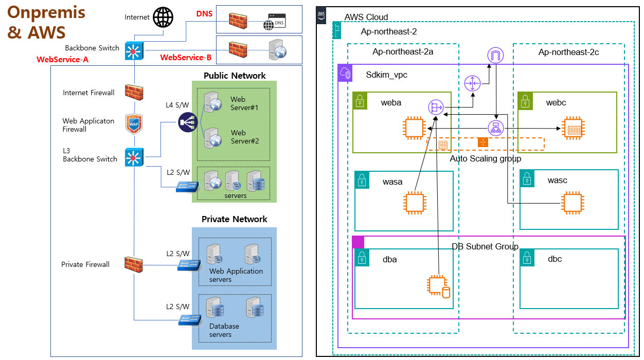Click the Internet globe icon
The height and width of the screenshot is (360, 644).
[x=164, y=17]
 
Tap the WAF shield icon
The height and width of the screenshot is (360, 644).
[x=134, y=124]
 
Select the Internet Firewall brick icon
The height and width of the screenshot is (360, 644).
[x=134, y=93]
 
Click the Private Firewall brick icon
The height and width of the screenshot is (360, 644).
[x=134, y=264]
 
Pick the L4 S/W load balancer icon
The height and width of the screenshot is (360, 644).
[x=188, y=122]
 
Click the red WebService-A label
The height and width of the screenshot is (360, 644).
[x=63, y=60]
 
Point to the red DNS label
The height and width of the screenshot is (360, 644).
[x=205, y=13]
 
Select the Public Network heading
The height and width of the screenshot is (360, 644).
[x=235, y=76]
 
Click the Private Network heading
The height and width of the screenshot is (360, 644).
[x=235, y=219]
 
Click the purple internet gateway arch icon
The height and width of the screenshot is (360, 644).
[x=494, y=55]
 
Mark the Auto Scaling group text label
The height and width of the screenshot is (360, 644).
[x=485, y=158]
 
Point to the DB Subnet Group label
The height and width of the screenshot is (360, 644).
[x=485, y=247]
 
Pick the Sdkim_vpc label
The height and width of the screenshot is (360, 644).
[x=386, y=75]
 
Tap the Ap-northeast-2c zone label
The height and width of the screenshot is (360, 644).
[x=568, y=52]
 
